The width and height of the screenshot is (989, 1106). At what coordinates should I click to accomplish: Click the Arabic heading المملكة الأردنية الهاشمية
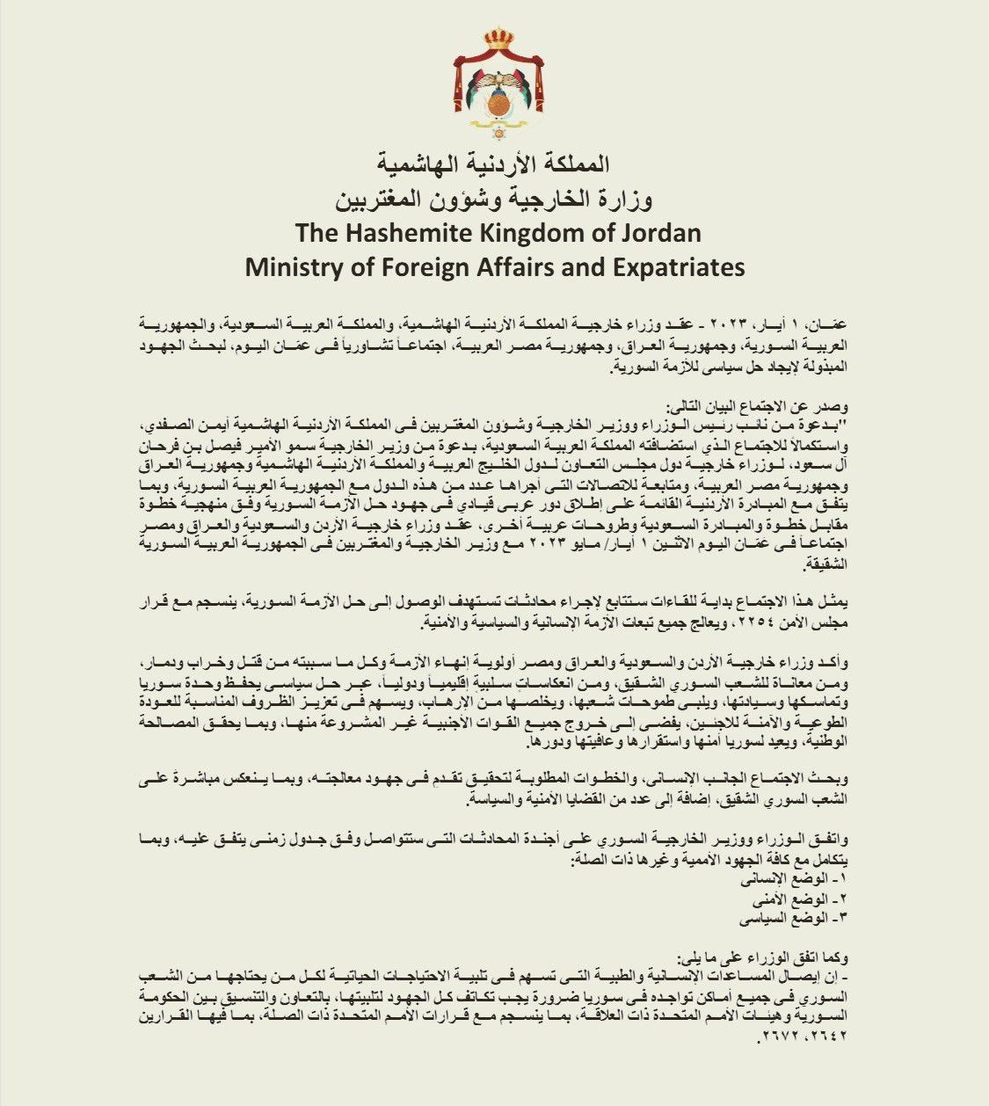[494, 164]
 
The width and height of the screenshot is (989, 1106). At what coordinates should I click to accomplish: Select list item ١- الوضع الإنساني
[813, 879]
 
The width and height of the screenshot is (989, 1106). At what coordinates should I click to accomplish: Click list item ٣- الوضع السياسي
[814, 918]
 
